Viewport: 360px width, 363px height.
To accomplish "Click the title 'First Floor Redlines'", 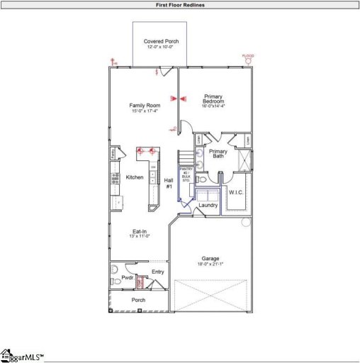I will (180, 5).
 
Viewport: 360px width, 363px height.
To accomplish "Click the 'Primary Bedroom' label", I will (214, 99).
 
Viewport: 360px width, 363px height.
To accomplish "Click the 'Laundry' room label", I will (208, 206).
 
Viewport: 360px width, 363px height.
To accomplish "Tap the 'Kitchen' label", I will (135, 177).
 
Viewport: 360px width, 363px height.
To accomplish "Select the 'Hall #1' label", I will (169, 182).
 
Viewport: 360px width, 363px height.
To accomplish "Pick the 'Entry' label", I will (158, 272).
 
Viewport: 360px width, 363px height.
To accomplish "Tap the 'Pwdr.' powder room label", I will (128, 278).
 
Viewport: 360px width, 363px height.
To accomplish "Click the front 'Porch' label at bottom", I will (139, 300).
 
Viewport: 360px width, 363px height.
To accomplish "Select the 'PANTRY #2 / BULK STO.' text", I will (186, 175).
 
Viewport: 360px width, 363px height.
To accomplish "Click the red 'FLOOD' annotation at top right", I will (248, 56).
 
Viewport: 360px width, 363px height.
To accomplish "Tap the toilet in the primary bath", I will (199, 166).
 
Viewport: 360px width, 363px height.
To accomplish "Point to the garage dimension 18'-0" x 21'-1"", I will (211, 264).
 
